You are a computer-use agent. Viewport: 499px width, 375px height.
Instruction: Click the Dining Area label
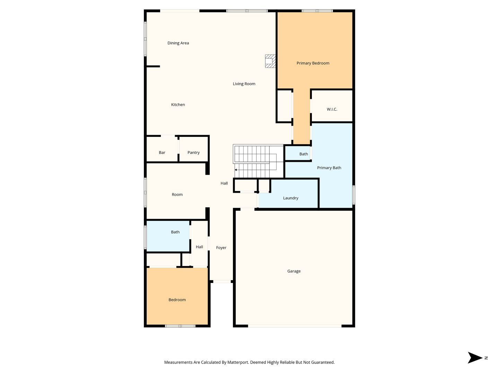click(178, 43)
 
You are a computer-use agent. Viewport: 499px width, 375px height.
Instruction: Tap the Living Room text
click(244, 84)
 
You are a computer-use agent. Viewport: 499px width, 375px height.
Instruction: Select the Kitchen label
click(178, 105)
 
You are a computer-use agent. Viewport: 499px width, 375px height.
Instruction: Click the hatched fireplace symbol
click(270, 61)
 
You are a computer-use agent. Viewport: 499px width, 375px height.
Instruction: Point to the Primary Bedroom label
click(313, 63)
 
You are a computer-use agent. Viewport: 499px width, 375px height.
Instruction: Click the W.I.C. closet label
click(332, 109)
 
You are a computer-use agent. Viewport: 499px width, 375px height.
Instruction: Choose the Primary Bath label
click(329, 168)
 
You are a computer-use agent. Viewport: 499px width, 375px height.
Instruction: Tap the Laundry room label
click(290, 198)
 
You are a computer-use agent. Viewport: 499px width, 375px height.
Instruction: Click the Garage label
click(294, 271)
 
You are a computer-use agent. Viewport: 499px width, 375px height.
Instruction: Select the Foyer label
click(221, 248)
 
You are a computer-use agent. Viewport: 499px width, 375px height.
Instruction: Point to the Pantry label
click(193, 152)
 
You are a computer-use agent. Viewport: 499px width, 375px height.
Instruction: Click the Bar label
click(162, 152)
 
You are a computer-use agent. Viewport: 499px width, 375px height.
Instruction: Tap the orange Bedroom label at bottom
click(177, 300)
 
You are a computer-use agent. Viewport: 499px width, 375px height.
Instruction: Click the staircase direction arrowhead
click(236, 170)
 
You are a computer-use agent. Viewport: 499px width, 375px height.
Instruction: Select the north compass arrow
click(475, 358)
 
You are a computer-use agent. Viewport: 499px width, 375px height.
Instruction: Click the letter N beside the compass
click(486, 358)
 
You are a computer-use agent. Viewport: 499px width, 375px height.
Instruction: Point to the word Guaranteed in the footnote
click(323, 362)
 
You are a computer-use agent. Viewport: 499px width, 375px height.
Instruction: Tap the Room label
click(177, 195)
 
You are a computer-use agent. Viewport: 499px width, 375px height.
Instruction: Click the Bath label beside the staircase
click(304, 154)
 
